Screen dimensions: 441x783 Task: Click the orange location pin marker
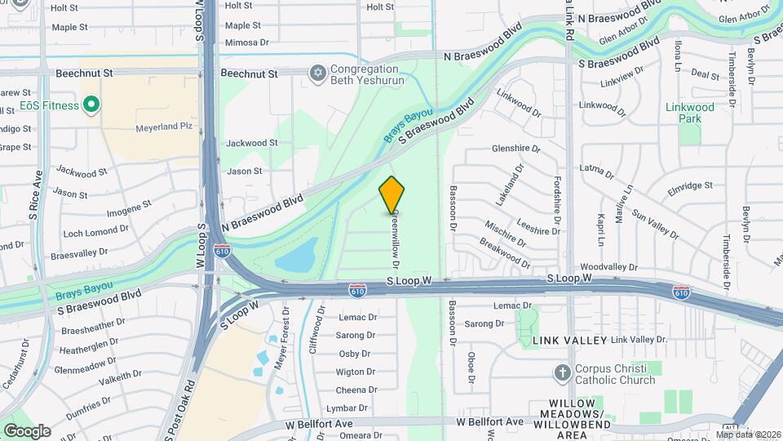click(x=392, y=194)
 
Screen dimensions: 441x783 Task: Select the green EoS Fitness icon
click(x=91, y=105)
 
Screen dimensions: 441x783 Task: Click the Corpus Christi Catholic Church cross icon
click(x=562, y=374)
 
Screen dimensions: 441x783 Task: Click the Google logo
click(x=27, y=430)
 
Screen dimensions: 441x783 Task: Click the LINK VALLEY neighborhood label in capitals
click(x=569, y=340)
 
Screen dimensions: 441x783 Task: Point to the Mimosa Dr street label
click(x=246, y=42)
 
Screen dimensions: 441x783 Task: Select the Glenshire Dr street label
click(x=516, y=149)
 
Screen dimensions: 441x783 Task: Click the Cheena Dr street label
click(x=356, y=390)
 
